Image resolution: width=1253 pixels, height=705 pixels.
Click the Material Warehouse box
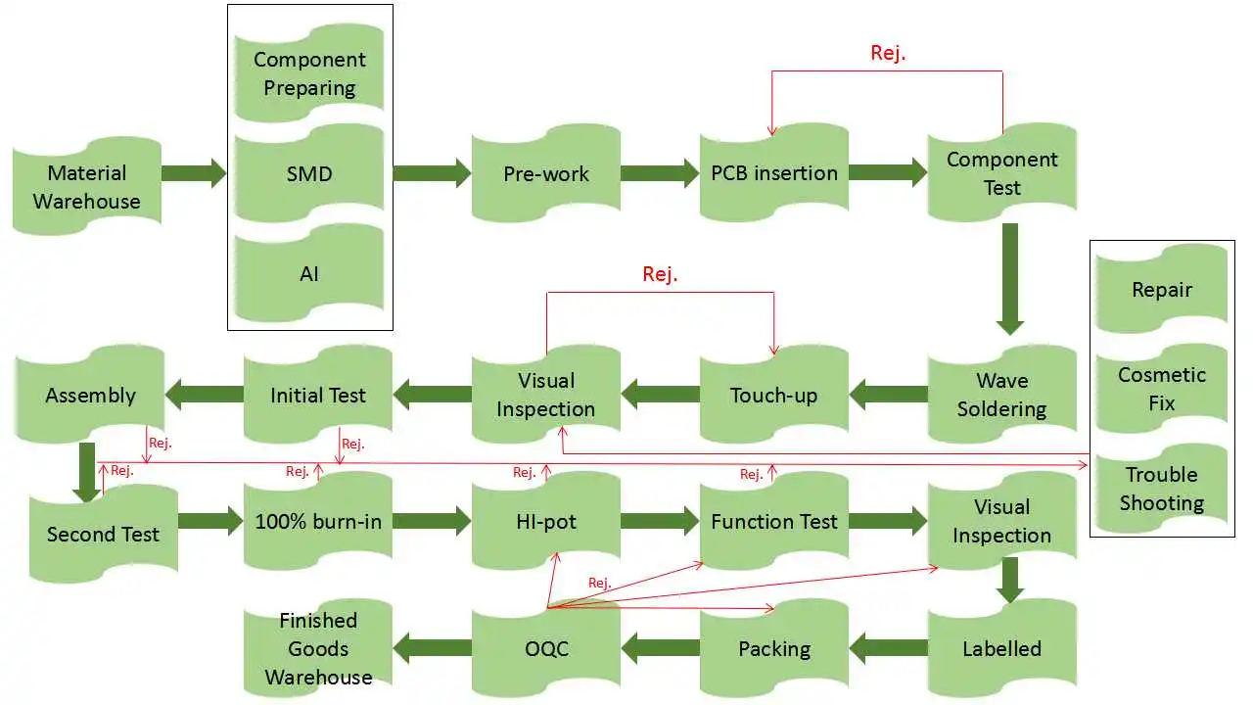click(x=87, y=187)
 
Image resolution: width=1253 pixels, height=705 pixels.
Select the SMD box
click(x=309, y=174)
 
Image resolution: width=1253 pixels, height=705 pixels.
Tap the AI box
click(x=309, y=274)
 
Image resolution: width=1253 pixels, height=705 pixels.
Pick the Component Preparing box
click(x=309, y=73)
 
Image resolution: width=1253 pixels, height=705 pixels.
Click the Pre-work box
click(x=546, y=174)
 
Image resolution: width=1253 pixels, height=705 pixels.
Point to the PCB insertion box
click(x=774, y=173)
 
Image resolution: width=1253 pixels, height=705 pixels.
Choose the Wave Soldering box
click(x=1001, y=395)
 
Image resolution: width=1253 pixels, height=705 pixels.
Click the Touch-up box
click(x=773, y=395)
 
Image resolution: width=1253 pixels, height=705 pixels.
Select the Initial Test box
click(x=318, y=395)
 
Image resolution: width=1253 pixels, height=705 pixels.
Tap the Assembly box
click(x=90, y=395)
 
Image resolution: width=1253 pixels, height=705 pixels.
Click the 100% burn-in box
click(x=318, y=521)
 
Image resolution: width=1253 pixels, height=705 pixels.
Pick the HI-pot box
click(x=546, y=521)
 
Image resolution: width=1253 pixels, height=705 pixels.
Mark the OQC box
click(x=546, y=648)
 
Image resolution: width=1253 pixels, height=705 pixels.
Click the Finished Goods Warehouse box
click(x=318, y=648)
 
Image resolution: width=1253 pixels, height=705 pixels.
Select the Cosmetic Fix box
click(x=1162, y=389)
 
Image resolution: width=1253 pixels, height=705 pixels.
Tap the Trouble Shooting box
click(x=1162, y=489)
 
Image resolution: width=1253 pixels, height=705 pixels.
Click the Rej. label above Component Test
click(x=888, y=53)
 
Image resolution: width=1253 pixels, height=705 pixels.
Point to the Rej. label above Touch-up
click(x=660, y=274)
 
